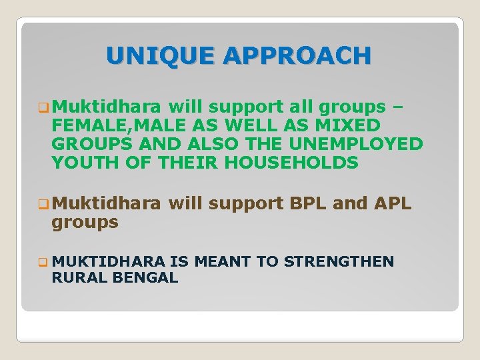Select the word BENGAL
141,278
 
